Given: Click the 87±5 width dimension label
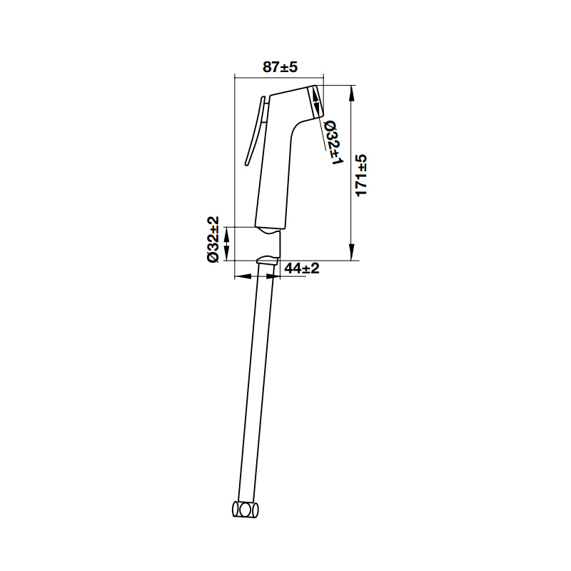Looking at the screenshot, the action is tap(280, 67).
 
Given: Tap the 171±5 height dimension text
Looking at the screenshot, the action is tap(361, 176).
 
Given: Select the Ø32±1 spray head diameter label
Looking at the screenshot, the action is tap(333, 142).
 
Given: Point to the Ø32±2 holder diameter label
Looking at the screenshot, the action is tap(213, 240).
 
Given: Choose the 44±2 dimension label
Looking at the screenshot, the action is tap(301, 268).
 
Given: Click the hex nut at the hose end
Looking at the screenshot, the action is tap(246, 509).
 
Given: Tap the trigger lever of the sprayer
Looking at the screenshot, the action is tap(255, 131).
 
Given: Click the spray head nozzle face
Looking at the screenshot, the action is tap(316, 101).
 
